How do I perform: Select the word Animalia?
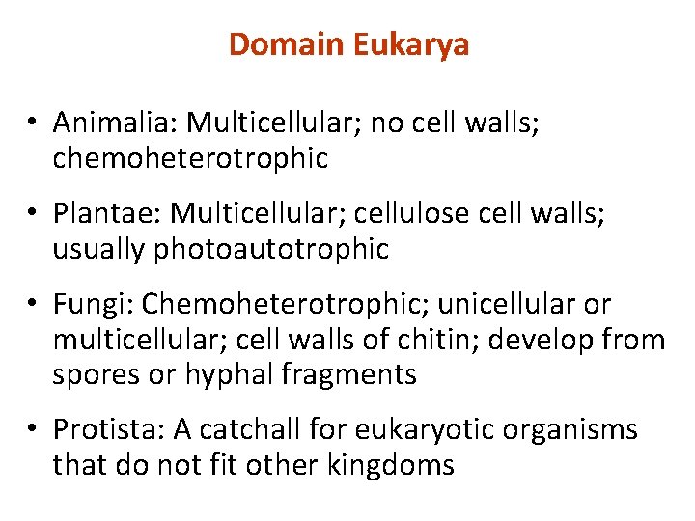point(115,123)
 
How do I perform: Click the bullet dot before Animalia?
point(32,123)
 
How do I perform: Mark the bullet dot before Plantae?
point(32,214)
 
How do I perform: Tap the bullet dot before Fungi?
point(32,305)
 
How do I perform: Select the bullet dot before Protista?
point(32,430)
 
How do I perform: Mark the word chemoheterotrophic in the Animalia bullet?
point(190,158)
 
